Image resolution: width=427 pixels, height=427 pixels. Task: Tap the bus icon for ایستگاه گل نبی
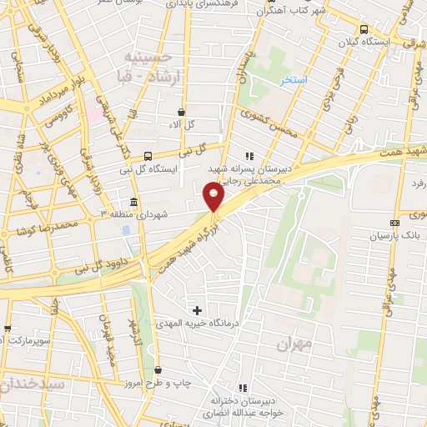[148, 156]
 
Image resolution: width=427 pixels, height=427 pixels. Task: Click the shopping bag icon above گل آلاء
[181, 112]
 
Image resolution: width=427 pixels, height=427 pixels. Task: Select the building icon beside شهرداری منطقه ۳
[134, 203]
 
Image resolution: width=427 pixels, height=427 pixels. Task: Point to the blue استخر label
[294, 80]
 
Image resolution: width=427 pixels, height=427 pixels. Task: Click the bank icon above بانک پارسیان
[394, 224]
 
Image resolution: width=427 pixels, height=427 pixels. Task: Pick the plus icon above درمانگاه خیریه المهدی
[197, 310]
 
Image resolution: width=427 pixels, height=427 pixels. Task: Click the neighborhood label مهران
[296, 342]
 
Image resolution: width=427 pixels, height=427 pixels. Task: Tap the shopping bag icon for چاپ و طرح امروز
[158, 370]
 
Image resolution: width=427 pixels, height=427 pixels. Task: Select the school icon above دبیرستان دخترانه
[243, 388]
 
